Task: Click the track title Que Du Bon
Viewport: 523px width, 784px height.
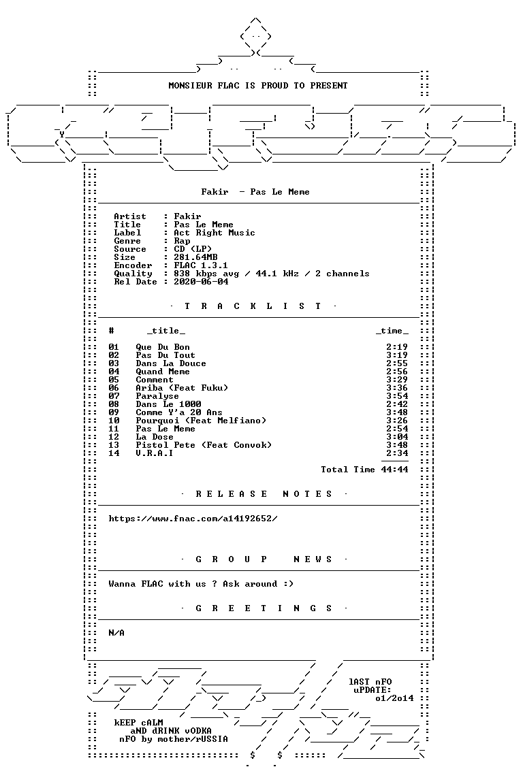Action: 163,347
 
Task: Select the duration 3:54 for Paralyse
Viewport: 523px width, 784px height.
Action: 397,396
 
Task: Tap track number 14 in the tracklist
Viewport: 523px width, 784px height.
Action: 114,453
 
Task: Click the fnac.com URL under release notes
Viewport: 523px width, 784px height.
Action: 193,519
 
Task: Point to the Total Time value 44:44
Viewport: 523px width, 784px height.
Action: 394,470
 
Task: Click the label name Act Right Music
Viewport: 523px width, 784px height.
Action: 215,233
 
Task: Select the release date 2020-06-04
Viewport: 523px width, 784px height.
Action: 201,282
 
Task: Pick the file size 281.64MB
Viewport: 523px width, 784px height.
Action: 195,257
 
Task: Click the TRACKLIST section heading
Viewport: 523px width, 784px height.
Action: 253,306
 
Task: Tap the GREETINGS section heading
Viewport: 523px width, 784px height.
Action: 264,608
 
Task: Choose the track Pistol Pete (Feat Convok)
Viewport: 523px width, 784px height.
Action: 204,445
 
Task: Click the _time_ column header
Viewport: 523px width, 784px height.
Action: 392,331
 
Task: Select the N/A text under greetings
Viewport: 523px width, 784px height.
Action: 116,633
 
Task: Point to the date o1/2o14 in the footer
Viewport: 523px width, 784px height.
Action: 394,698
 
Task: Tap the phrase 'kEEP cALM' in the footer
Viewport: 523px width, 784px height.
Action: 139,723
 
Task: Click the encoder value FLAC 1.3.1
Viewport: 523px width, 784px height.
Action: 201,265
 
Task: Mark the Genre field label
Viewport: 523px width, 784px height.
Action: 127,241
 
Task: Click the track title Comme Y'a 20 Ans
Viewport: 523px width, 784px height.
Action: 178,412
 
